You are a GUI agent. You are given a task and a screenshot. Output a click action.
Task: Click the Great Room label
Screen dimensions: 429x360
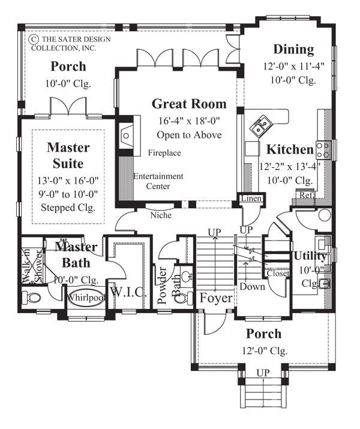coord(189,104)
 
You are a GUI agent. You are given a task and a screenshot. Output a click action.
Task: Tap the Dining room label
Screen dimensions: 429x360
coord(293,49)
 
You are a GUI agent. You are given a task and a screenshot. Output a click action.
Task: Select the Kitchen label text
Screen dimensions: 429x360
coord(290,149)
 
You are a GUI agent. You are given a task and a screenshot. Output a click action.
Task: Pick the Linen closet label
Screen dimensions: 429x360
coord(250,198)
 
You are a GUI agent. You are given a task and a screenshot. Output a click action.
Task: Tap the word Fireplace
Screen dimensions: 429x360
coord(164,153)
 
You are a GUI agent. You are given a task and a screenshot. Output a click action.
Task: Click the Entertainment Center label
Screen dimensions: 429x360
coord(158,181)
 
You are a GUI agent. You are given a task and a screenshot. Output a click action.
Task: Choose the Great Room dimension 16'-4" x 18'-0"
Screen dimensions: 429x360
coord(189,121)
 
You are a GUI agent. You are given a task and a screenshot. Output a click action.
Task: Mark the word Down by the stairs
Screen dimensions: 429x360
coord(251,287)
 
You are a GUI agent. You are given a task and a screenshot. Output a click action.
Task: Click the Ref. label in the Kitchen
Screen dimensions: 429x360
coord(305,196)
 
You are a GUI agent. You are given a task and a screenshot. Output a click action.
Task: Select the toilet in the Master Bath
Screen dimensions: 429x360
coord(32,297)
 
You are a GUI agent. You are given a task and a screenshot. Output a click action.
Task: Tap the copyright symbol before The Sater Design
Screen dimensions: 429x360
coord(34,38)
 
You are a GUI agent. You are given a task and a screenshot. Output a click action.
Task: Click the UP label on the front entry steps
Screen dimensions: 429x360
coord(263,373)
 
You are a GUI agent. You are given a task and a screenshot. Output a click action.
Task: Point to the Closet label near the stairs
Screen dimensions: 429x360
coord(278,273)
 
